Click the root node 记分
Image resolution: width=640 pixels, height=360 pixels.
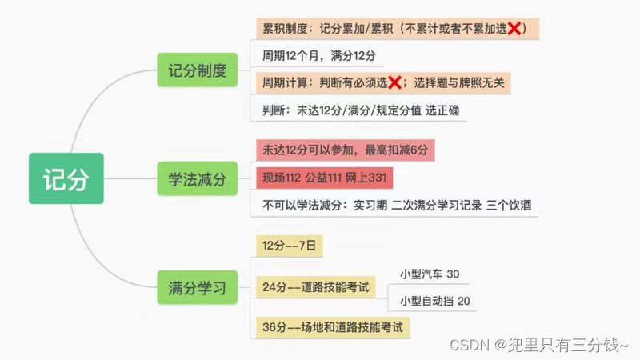click(x=66, y=178)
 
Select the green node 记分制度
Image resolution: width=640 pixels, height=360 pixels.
click(x=198, y=70)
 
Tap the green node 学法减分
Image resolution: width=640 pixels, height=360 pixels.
click(x=198, y=178)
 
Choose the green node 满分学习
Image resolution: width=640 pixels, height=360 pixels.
click(x=198, y=286)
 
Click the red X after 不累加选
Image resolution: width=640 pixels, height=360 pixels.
click(x=514, y=29)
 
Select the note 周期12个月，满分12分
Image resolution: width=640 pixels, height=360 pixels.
click(x=319, y=56)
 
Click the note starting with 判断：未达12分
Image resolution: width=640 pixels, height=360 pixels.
click(x=361, y=110)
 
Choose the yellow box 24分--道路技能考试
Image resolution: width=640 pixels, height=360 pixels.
click(x=316, y=286)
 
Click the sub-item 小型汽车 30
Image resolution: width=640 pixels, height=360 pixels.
click(x=430, y=274)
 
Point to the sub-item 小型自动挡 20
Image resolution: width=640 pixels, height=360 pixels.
click(x=435, y=301)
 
